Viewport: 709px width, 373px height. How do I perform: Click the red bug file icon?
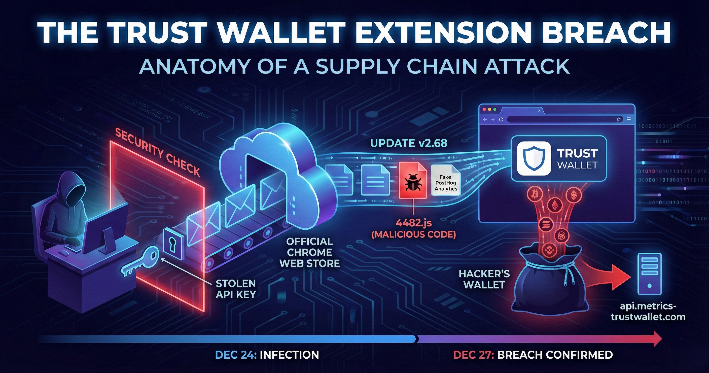coord(413,180)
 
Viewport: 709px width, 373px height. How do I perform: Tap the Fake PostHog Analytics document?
coord(446,180)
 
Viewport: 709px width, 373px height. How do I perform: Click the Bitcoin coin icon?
coord(535,195)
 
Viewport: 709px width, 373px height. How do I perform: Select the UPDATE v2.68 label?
coord(409,143)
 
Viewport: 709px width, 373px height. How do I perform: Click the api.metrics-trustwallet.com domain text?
coord(648,311)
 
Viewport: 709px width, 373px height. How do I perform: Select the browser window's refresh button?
coord(501,119)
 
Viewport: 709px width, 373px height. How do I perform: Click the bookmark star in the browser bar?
coord(619,119)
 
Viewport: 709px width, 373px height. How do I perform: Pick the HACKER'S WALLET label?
coord(484,279)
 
